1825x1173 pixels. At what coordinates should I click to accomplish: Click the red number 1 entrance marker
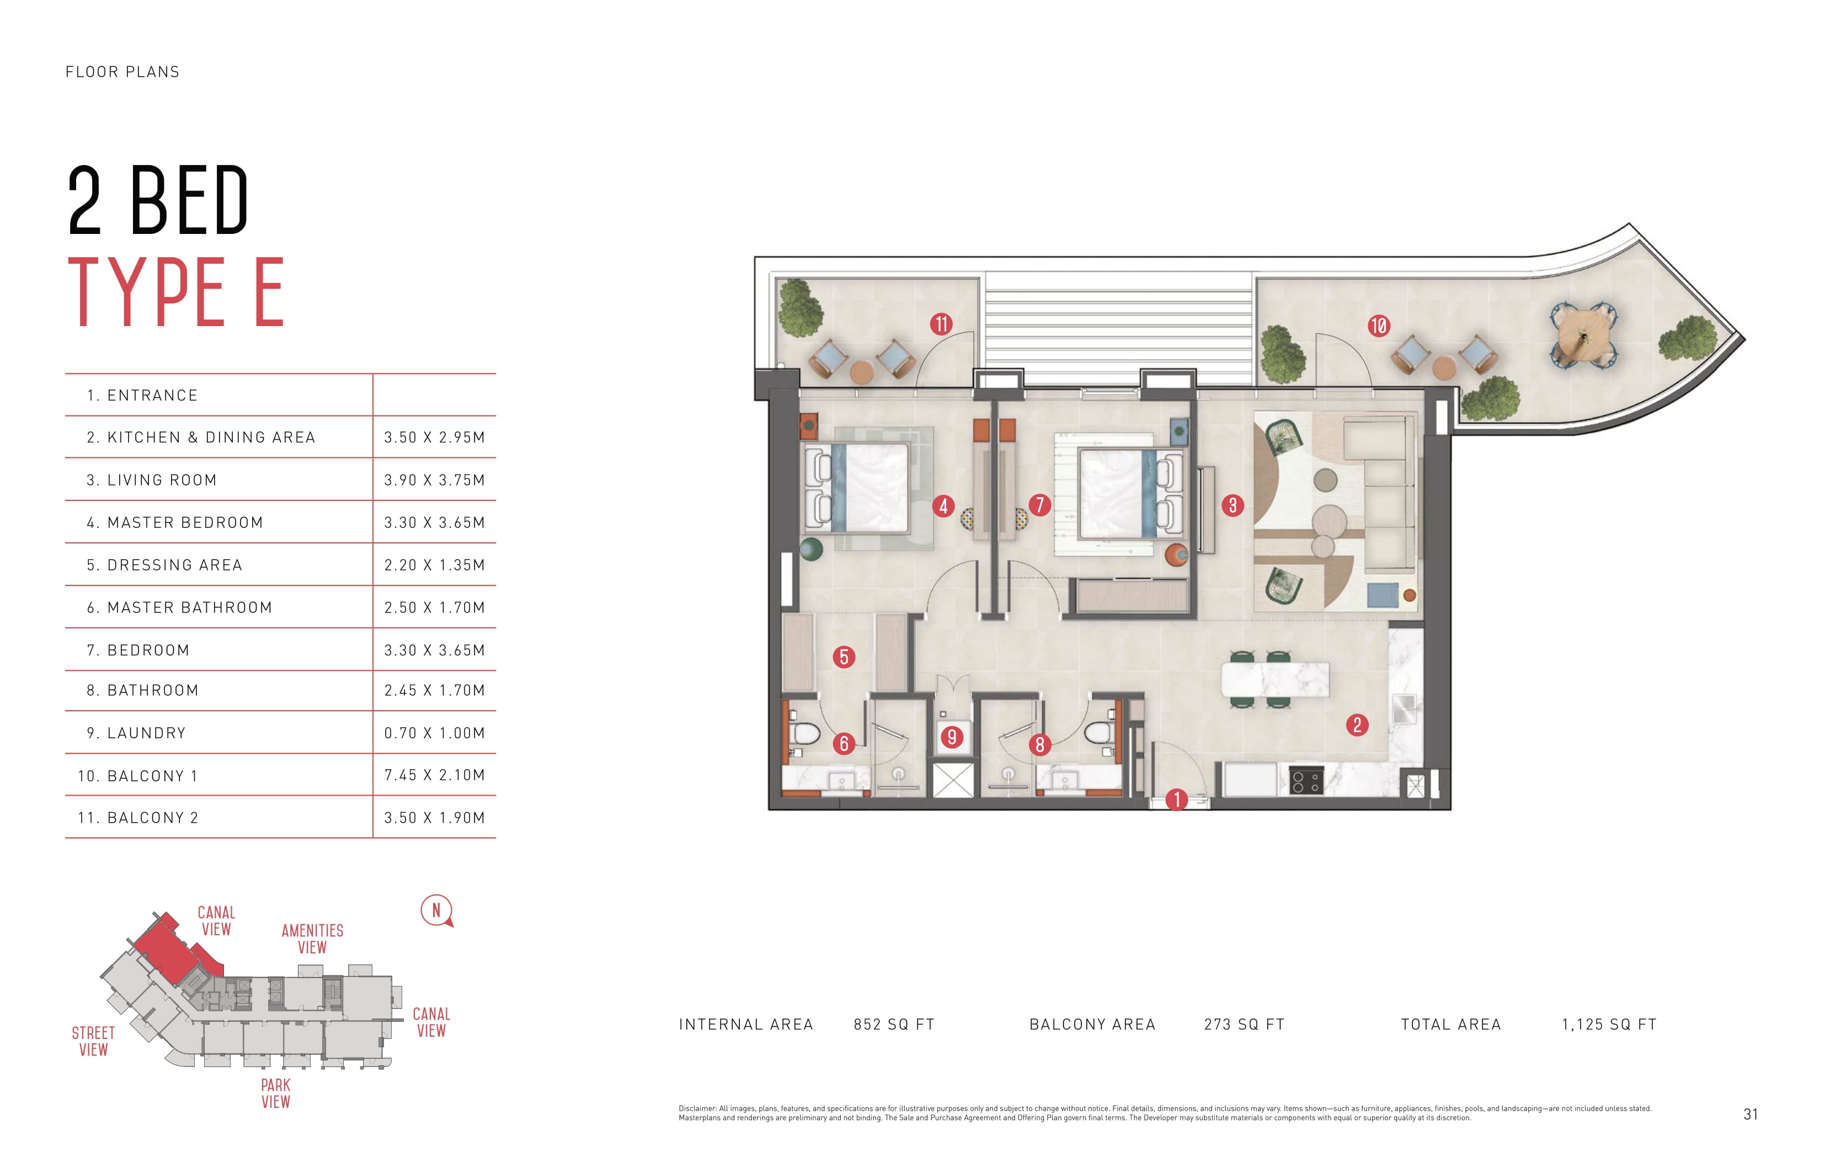click(x=1177, y=799)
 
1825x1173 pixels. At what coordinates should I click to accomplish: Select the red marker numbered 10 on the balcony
click(x=1379, y=326)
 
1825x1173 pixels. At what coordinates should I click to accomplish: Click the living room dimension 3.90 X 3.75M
click(x=434, y=480)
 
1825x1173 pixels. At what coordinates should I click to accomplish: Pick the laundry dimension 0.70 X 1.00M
click(x=434, y=733)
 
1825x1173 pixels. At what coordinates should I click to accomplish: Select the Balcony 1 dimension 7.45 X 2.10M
click(x=434, y=775)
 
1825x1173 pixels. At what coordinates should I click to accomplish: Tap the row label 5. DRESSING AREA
click(x=164, y=564)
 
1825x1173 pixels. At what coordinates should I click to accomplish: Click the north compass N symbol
click(x=436, y=910)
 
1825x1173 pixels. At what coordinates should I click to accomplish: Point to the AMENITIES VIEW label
click(x=312, y=939)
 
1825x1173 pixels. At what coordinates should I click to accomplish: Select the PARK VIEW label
click(x=276, y=1093)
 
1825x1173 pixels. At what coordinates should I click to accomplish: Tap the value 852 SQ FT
click(x=893, y=1025)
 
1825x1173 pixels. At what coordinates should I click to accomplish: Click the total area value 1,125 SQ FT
click(x=1609, y=1025)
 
